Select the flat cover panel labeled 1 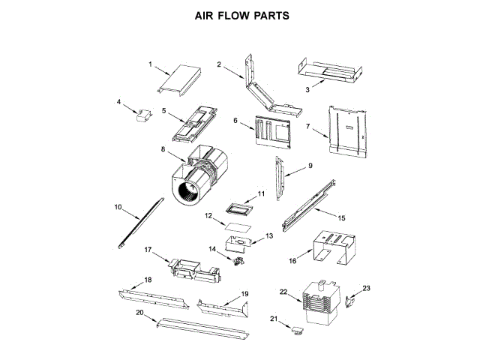tap(180, 79)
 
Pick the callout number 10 tap(117, 206)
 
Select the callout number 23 tap(367, 287)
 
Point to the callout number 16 tap(293, 261)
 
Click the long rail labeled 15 tap(307, 202)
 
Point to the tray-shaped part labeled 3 tap(330, 71)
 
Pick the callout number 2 tap(219, 64)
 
